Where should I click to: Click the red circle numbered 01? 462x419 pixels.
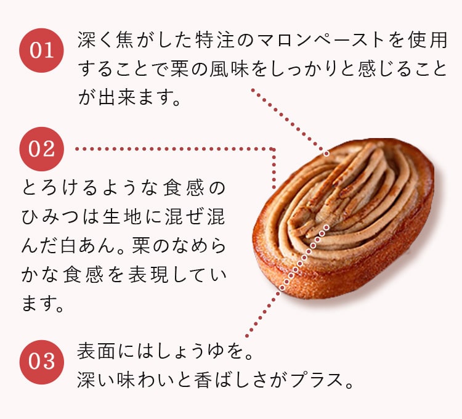42,51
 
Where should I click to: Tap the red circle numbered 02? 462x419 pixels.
42,148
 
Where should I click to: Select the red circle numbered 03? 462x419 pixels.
42,362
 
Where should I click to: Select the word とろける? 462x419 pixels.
54,189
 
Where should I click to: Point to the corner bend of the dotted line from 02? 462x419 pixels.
274,149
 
